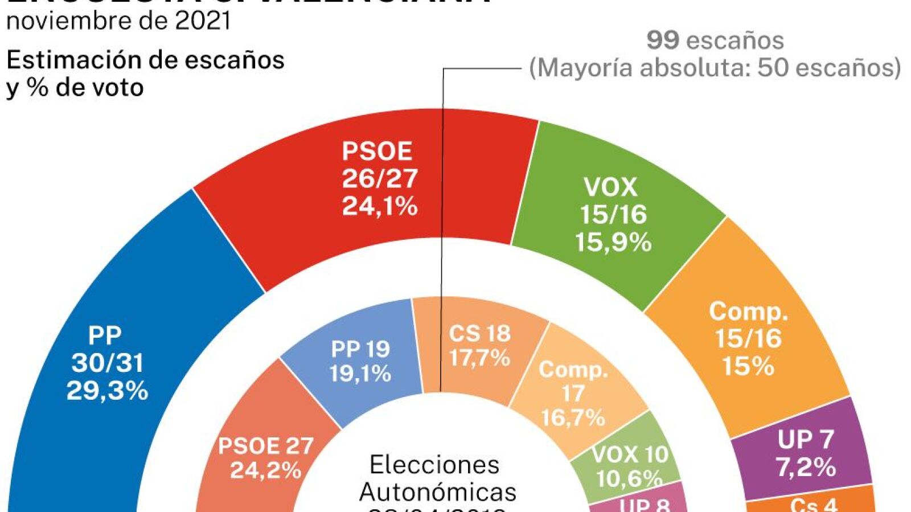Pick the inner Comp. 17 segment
coord(572,393)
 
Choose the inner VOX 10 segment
coord(629,464)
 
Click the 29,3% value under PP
coord(107,391)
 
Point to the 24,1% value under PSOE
coord(380,206)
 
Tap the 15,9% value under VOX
coord(613,242)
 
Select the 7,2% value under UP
coord(806,467)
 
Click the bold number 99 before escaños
coord(663,40)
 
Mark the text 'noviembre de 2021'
coord(118,21)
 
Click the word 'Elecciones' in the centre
coord(434,465)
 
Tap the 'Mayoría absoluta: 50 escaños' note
coord(715,68)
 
